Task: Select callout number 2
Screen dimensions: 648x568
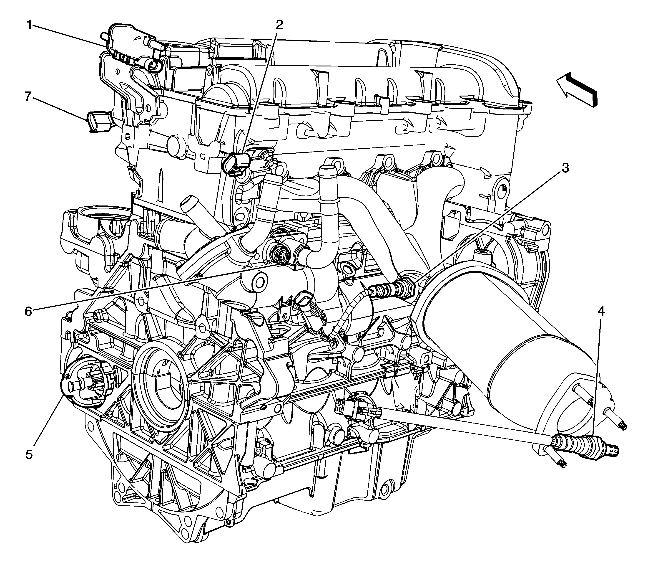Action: (279, 25)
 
